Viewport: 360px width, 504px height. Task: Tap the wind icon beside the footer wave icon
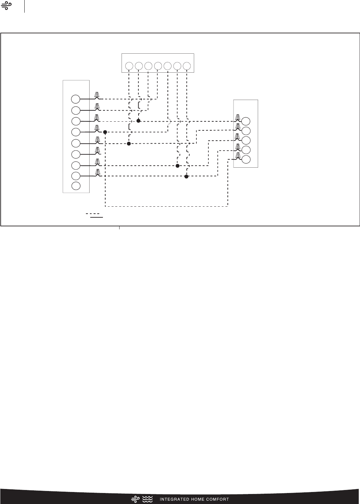(x=135, y=499)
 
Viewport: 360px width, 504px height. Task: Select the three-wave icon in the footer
(x=147, y=499)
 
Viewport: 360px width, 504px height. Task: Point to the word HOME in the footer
(x=199, y=499)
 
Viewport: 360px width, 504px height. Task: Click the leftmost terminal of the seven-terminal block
(x=129, y=66)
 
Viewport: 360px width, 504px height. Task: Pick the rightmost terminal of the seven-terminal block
(x=187, y=66)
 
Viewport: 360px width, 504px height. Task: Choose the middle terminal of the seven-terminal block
(x=158, y=66)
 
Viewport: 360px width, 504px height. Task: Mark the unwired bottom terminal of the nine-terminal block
(x=76, y=186)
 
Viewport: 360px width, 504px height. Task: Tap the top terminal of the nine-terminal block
(x=76, y=99)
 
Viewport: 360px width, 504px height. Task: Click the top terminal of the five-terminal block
(x=246, y=121)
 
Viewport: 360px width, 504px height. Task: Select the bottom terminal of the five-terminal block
(x=246, y=159)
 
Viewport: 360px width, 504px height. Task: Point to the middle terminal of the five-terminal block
(x=246, y=140)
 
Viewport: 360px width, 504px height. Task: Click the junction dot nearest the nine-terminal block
(x=105, y=132)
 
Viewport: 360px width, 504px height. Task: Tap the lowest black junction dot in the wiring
(x=186, y=177)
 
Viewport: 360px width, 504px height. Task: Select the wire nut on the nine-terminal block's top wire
(x=97, y=95)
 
